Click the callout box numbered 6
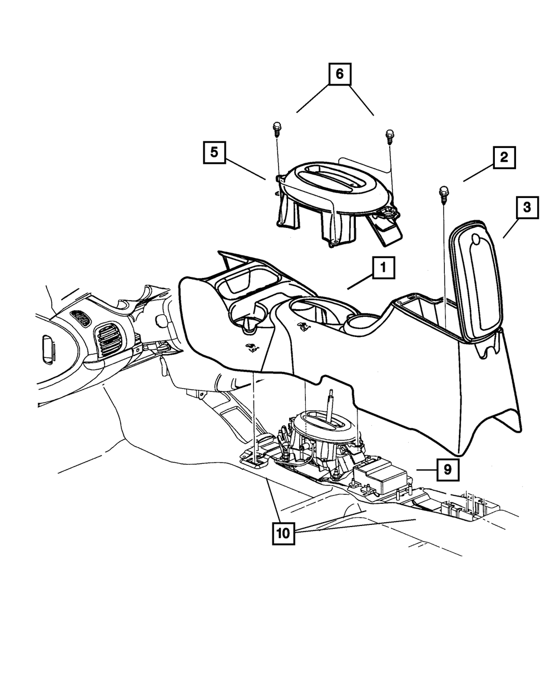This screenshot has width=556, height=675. coord(340,74)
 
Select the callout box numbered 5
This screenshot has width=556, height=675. coord(214,152)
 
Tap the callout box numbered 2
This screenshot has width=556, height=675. coord(503,157)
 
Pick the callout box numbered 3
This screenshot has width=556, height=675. coord(527,209)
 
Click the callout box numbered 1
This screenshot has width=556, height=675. coord(383,269)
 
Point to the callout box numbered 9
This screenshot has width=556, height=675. coord(448,469)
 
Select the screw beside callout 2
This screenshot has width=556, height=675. coord(444,193)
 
